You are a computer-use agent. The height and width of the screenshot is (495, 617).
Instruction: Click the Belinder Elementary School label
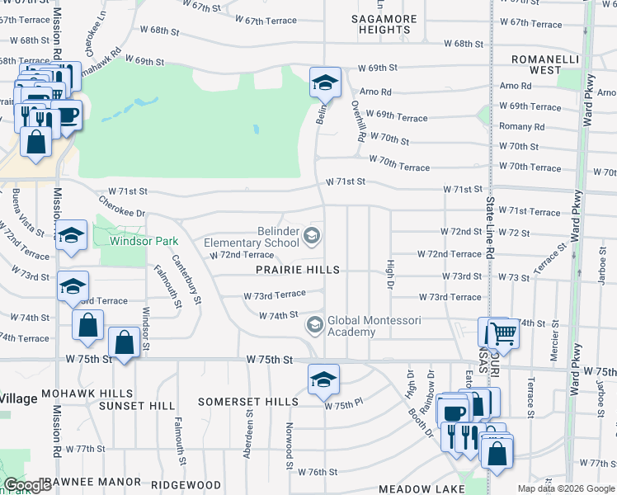(x=252, y=238)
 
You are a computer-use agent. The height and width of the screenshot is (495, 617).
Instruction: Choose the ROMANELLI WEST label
(x=546, y=65)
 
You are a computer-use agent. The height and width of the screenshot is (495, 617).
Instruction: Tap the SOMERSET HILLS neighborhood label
(x=248, y=402)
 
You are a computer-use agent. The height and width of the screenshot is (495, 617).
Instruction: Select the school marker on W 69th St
(x=325, y=82)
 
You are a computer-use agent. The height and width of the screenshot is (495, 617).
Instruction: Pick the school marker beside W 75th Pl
(x=323, y=379)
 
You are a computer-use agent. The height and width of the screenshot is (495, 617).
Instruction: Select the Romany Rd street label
(x=521, y=127)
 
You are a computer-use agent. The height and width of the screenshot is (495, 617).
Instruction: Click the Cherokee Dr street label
(x=121, y=206)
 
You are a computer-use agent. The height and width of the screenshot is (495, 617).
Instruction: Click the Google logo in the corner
(x=27, y=485)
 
